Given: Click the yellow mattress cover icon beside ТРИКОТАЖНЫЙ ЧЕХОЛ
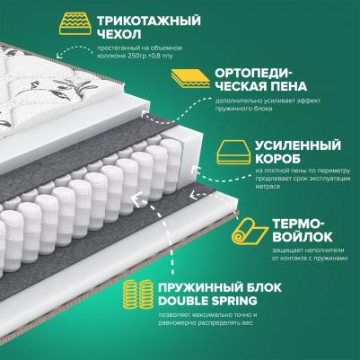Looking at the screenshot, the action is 75,24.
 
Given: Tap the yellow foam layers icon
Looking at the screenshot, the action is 190,78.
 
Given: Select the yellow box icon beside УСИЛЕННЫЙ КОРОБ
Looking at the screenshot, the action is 234,152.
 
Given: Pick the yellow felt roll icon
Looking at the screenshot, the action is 250,231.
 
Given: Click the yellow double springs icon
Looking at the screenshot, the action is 138,294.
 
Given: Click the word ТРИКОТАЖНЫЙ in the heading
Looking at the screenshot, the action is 148,21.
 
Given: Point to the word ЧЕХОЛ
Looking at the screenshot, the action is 119,35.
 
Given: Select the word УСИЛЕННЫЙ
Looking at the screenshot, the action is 298,145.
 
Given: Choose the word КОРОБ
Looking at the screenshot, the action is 277,159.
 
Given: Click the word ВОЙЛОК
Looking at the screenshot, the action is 303,237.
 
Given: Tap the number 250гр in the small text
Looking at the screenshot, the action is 136,56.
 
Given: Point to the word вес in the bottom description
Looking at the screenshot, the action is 248,323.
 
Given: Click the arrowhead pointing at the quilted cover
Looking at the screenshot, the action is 59,54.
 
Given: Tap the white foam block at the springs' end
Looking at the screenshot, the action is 189,155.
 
